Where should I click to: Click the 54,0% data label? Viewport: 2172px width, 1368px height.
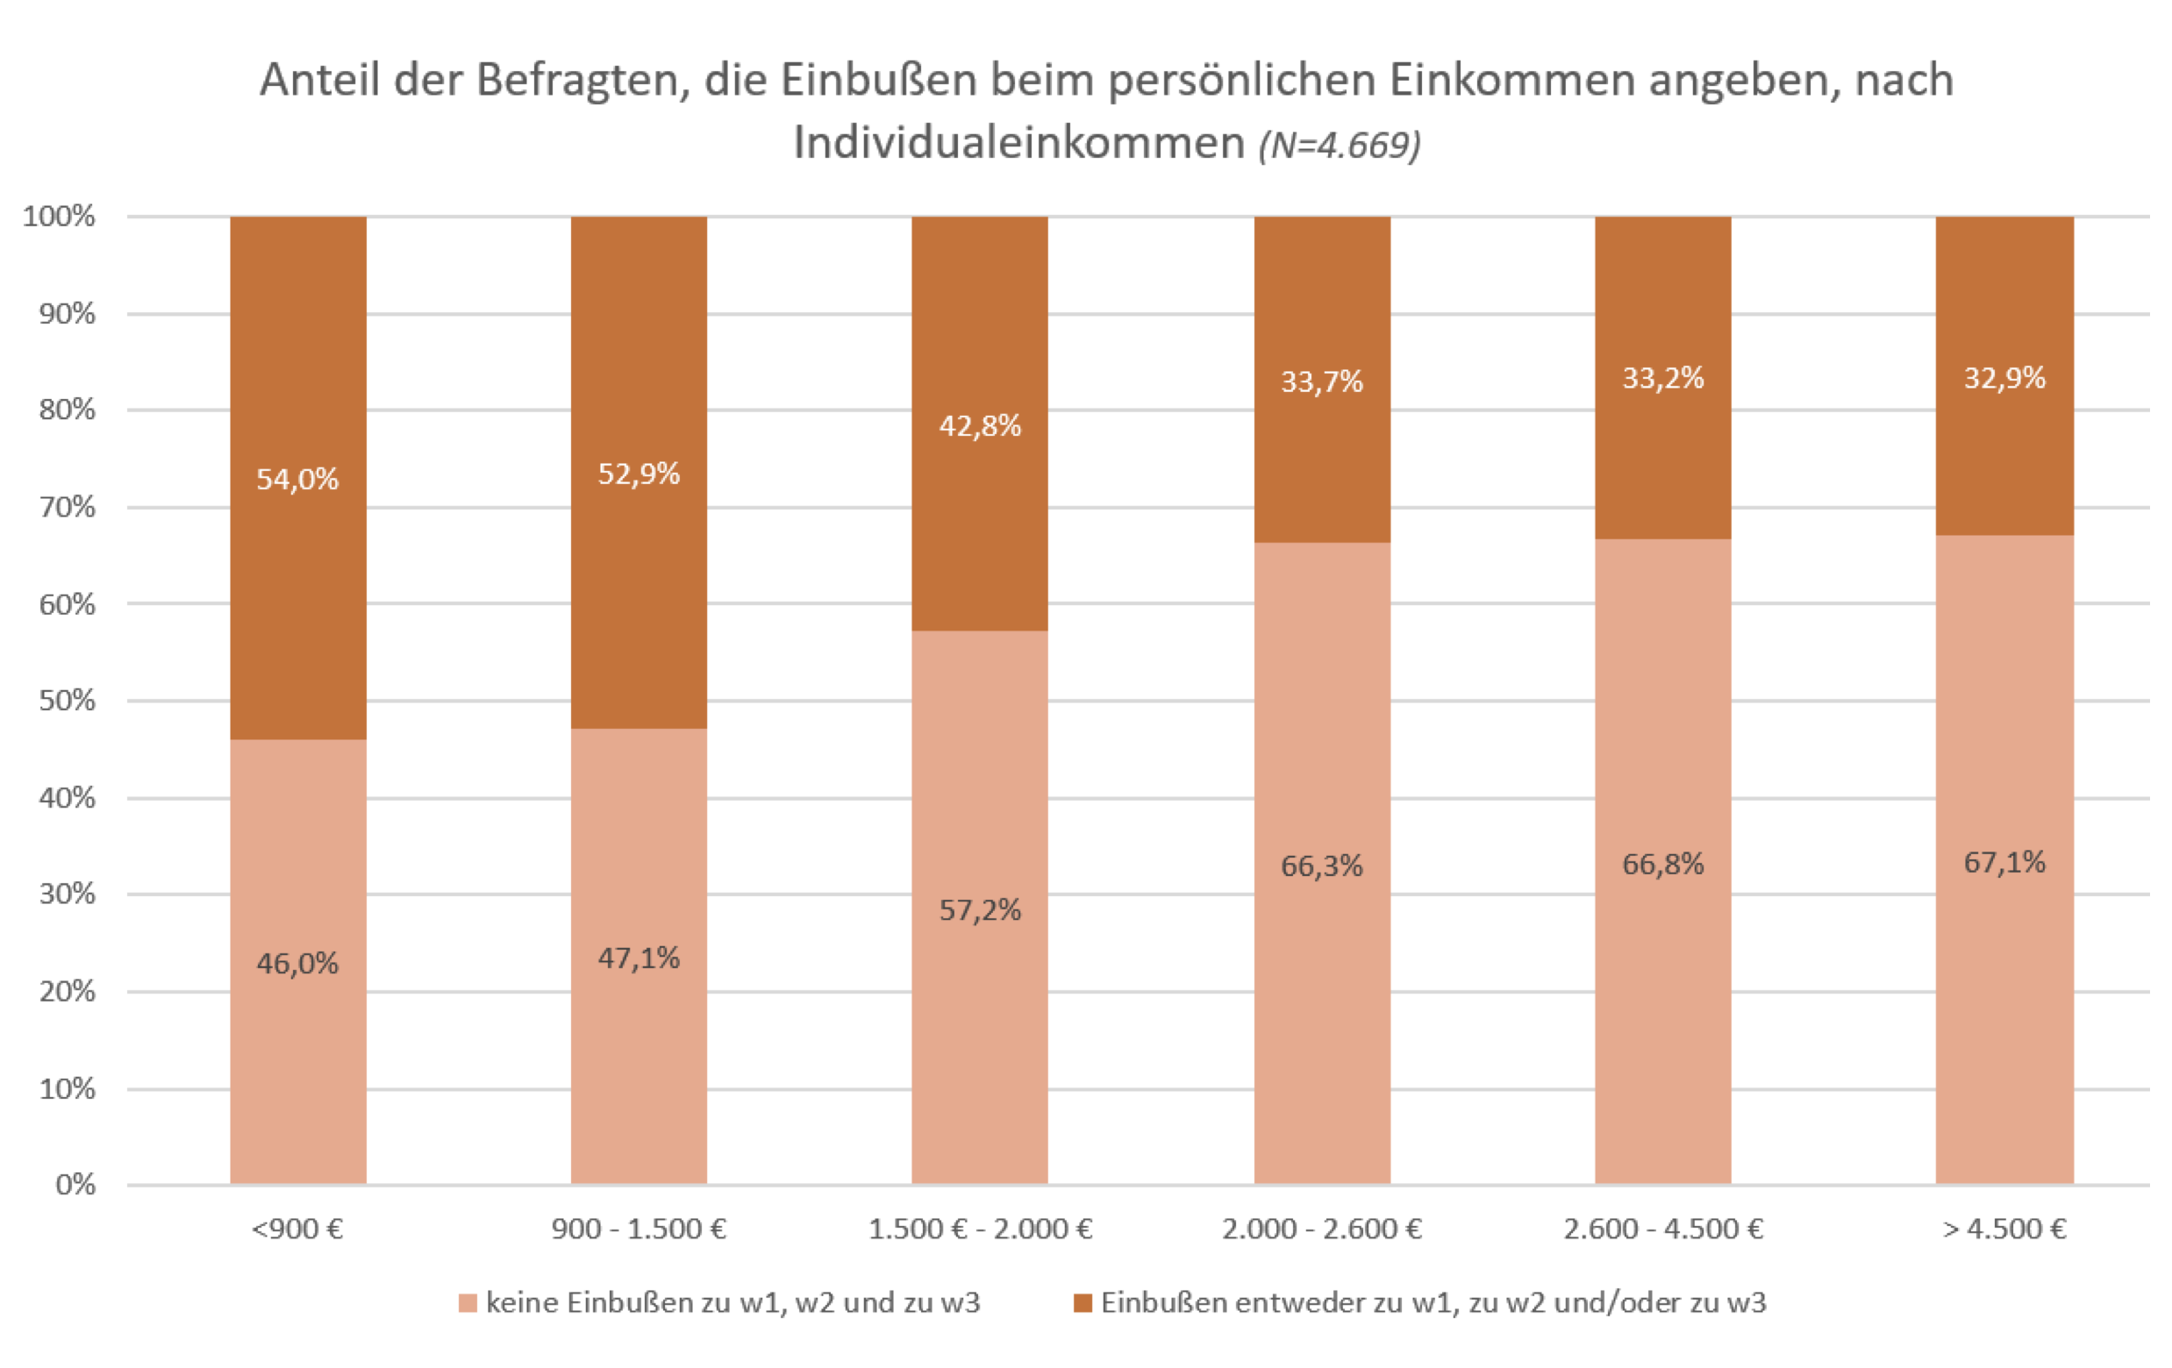point(297,479)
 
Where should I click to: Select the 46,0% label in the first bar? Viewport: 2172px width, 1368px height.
point(297,964)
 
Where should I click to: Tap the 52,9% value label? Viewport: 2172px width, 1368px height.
point(639,474)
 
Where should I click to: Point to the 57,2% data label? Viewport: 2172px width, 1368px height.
point(980,910)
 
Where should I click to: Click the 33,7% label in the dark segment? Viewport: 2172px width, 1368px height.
point(1321,381)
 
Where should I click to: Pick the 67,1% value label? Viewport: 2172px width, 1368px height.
point(2004,862)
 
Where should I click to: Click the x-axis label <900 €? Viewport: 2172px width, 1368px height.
point(297,1229)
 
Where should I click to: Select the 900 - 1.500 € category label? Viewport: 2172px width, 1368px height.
point(639,1229)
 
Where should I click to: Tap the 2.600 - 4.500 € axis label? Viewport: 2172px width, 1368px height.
point(1662,1229)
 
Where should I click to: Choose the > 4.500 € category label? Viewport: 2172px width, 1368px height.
point(2004,1229)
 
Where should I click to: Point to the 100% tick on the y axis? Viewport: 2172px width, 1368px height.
point(59,217)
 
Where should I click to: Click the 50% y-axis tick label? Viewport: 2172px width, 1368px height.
point(67,701)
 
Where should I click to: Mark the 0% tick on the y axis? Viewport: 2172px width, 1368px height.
point(75,1184)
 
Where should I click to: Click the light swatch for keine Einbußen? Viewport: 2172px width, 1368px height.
point(468,1303)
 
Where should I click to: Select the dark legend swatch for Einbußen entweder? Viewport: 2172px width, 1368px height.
point(1082,1303)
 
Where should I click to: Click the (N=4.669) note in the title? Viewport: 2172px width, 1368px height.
point(1340,145)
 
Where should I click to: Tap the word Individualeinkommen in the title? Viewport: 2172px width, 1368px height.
point(1019,142)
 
